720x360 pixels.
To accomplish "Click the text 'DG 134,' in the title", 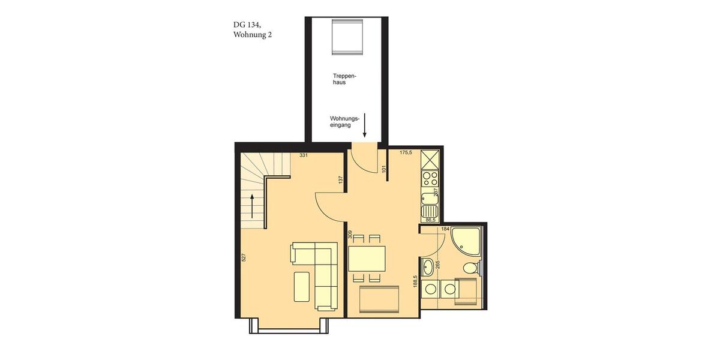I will click(x=247, y=25).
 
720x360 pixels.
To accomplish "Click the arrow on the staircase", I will click(x=253, y=206).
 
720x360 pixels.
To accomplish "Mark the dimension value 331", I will click(x=304, y=156).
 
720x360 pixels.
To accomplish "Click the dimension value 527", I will click(x=243, y=257).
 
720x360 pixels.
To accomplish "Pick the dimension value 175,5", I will click(x=406, y=153).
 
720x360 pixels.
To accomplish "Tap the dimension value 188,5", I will click(x=415, y=281).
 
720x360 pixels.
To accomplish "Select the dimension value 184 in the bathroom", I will click(x=445, y=229).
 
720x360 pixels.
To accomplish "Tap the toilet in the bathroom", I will click(x=472, y=267).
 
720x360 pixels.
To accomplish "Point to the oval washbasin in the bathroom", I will click(x=428, y=266).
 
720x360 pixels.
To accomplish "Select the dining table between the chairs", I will click(x=367, y=259).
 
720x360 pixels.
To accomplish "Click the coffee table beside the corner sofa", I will click(x=302, y=287).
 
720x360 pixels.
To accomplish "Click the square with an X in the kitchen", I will click(x=430, y=158).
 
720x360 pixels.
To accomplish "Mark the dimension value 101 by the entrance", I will click(x=384, y=170).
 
